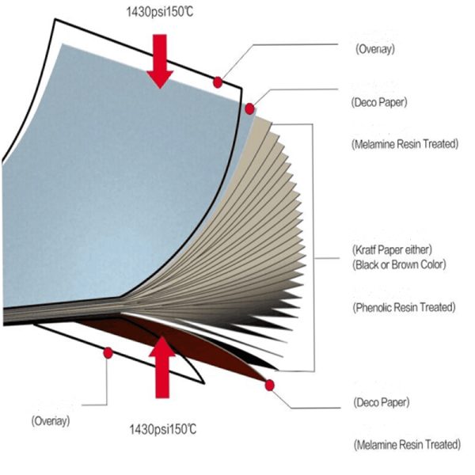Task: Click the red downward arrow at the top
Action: coord(160,61)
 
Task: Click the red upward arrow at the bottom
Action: coord(162,367)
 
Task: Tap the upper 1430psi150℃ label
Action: coord(160,12)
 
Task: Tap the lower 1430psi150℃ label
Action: coord(163,429)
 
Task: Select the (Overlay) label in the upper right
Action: coord(375,49)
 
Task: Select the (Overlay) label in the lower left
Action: coord(51,421)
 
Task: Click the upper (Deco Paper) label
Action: coord(379,102)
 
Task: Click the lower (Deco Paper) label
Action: coord(382,402)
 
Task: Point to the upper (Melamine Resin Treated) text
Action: coord(405,143)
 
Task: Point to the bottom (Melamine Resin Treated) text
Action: coord(407,444)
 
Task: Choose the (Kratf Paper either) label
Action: coord(392,250)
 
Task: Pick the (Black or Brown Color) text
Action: coord(399,264)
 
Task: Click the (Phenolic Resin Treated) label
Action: coord(404,307)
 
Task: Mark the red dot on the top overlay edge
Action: coord(218,82)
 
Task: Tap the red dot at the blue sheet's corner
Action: coord(249,108)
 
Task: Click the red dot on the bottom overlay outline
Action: coord(108,353)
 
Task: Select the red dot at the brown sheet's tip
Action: coord(270,386)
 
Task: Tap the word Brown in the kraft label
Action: coord(405,264)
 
